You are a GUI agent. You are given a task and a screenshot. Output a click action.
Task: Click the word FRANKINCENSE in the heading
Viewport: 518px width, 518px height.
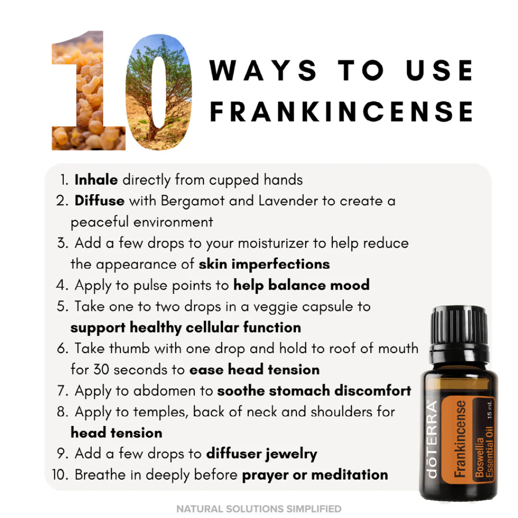341,111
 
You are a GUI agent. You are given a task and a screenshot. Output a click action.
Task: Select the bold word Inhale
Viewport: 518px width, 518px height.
96,179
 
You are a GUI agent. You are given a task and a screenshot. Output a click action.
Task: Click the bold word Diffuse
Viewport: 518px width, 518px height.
99,200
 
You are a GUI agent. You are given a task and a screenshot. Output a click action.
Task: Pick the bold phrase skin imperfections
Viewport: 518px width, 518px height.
264,264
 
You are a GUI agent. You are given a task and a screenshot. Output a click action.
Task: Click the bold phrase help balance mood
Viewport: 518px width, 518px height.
301,285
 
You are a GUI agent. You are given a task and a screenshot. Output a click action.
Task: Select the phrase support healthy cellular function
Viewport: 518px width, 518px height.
186,327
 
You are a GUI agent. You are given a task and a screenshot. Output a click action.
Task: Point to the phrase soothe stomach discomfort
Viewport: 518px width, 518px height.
314,390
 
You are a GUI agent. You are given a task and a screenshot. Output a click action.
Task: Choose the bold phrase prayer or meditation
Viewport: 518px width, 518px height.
315,475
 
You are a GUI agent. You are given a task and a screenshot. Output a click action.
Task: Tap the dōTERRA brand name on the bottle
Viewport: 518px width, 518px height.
433,439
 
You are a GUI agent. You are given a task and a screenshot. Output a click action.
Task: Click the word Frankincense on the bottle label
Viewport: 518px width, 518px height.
460,439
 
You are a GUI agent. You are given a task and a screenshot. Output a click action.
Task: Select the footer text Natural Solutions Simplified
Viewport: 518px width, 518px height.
259,509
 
